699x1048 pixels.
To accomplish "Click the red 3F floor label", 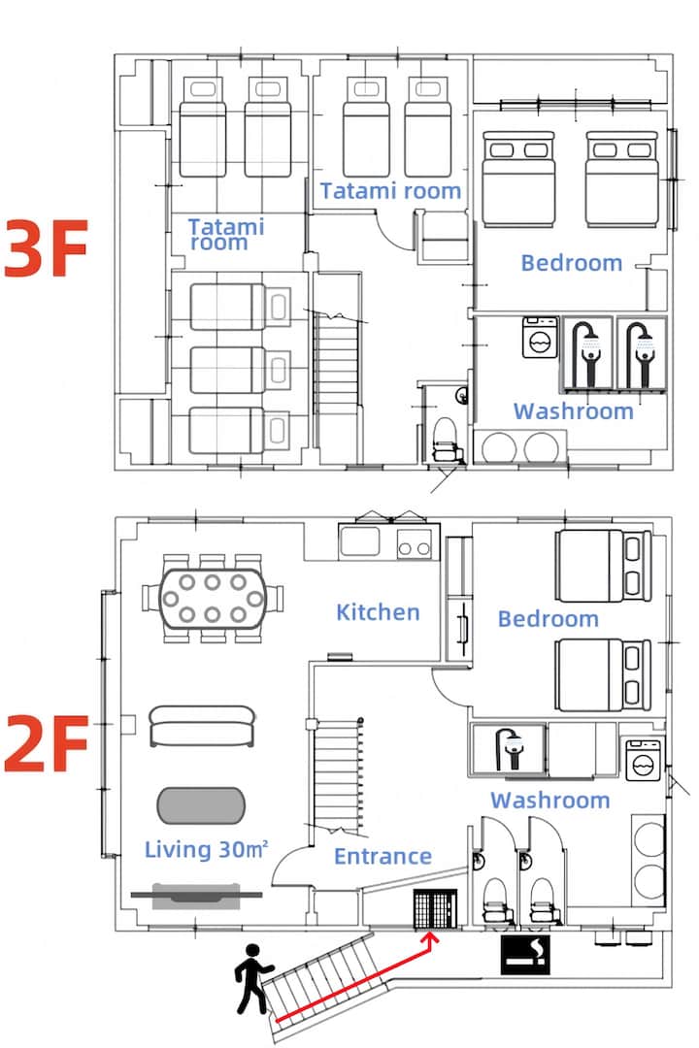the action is coord(46,248).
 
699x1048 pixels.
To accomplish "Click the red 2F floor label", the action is coord(46,742).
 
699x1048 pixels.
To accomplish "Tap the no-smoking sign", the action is coord(526,954).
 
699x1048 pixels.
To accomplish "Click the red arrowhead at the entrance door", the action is coord(431,939).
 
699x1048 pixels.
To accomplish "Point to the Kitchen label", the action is coord(378,612).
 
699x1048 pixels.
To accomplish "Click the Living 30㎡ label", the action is coord(207,849).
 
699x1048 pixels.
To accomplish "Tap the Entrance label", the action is coord(383,856).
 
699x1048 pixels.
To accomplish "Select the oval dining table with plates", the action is coord(212,598).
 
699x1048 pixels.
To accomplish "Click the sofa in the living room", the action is coord(202,726).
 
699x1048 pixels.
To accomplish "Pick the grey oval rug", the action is coord(201,805).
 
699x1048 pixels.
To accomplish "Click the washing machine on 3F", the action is coord(539,338).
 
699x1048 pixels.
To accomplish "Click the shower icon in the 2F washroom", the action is coord(510,748).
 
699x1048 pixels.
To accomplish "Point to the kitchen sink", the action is coord(360,541).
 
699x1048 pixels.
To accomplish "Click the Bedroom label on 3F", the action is coord(571,263).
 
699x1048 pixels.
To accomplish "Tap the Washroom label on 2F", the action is coord(549,800).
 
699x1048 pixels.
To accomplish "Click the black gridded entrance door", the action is coord(435,909).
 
